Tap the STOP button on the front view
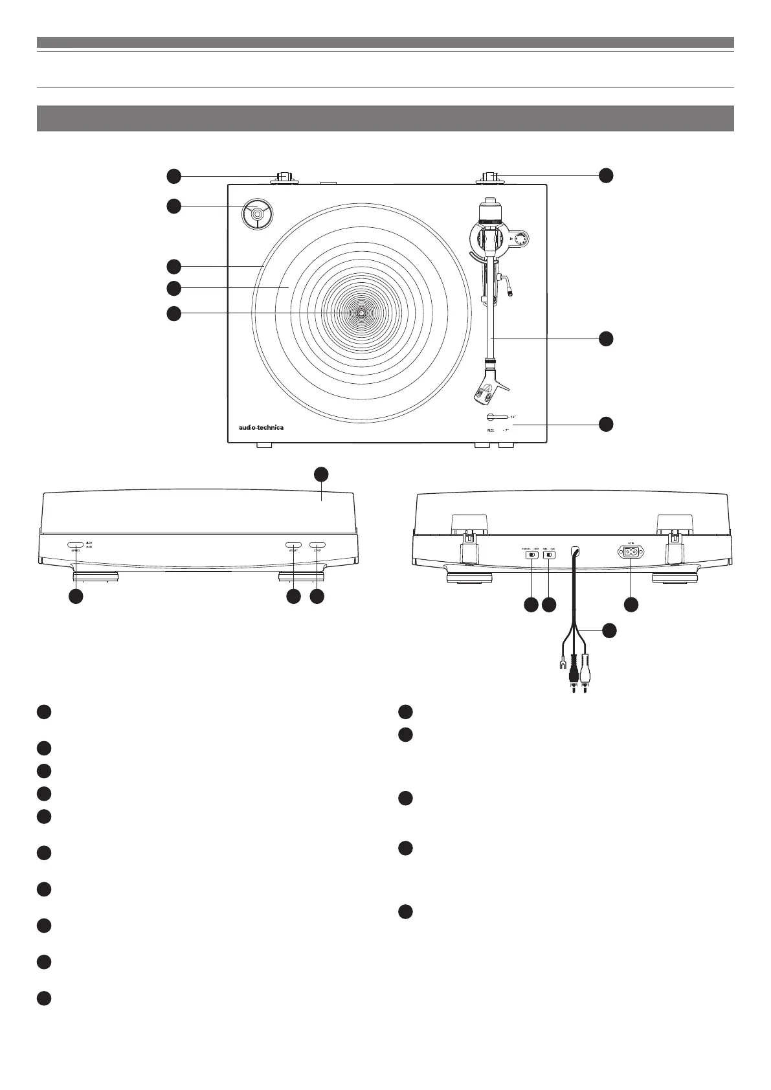[x=317, y=545]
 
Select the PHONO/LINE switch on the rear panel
[x=531, y=554]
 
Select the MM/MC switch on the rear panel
[x=550, y=554]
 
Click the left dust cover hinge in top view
[x=285, y=178]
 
